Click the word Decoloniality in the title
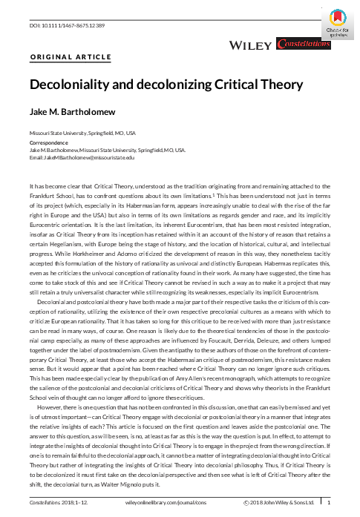point(68,84)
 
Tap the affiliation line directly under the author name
point(82,133)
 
